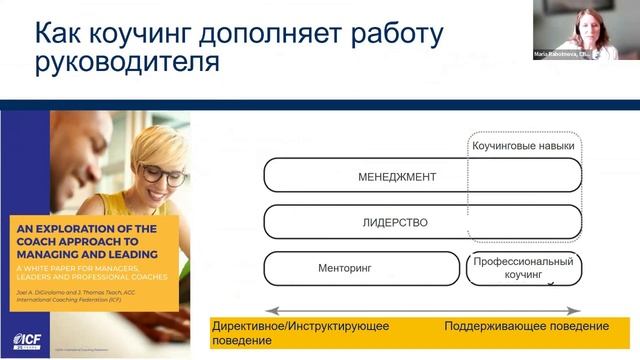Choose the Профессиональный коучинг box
pos(523,267)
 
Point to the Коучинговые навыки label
pos(524,146)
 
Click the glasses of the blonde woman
pos(161,172)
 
